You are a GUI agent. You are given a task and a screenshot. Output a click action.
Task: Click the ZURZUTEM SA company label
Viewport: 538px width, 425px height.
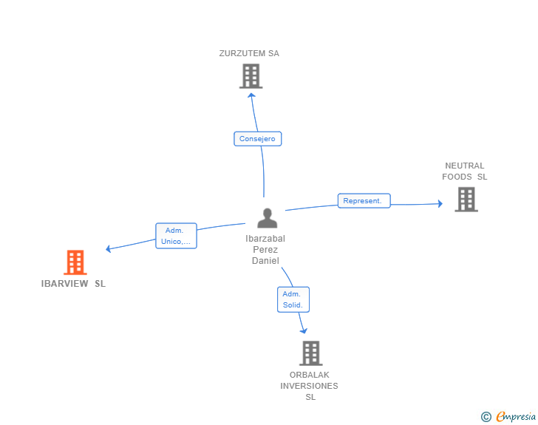coord(249,53)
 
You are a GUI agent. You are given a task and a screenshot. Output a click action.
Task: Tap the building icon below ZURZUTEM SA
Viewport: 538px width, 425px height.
coord(251,76)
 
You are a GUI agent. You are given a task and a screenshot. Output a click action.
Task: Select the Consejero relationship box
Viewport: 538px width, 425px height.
coord(258,139)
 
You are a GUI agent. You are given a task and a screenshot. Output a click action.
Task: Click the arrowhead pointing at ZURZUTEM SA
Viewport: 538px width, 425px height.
coord(252,95)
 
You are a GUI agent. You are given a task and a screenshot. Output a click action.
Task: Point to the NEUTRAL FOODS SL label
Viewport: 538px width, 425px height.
coord(465,171)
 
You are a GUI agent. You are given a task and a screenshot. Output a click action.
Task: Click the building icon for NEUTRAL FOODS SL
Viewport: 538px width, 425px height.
coord(466,200)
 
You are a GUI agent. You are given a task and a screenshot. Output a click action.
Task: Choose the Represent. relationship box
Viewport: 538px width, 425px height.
coord(364,201)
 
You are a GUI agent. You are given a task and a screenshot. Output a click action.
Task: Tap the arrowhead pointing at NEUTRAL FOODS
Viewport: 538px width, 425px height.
coord(440,203)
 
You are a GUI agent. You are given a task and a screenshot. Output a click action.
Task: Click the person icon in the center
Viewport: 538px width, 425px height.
coord(268,218)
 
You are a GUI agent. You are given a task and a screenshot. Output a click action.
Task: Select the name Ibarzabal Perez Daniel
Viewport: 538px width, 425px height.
coord(265,250)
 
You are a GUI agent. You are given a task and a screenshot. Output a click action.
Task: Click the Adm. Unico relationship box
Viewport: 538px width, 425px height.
coord(176,236)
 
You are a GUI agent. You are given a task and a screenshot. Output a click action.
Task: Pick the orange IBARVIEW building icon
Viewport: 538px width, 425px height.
coord(75,262)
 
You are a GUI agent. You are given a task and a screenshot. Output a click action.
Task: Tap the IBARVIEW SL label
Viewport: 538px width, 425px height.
coord(73,284)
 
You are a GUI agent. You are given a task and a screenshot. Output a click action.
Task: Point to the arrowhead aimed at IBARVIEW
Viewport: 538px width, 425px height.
coord(108,249)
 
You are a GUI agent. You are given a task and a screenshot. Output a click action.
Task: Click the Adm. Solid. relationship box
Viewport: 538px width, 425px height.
coord(293,299)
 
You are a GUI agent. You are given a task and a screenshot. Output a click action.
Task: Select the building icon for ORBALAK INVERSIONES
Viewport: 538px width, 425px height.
coord(311,353)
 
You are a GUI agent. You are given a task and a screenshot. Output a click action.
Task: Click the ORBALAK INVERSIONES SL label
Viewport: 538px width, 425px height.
coord(309,386)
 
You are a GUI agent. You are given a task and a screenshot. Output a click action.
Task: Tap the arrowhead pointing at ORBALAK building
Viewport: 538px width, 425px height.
coord(304,331)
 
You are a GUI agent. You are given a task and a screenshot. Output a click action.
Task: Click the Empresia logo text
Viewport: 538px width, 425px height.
coord(516,417)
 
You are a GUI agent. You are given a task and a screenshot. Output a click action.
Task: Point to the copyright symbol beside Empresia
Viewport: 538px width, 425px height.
coord(486,417)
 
